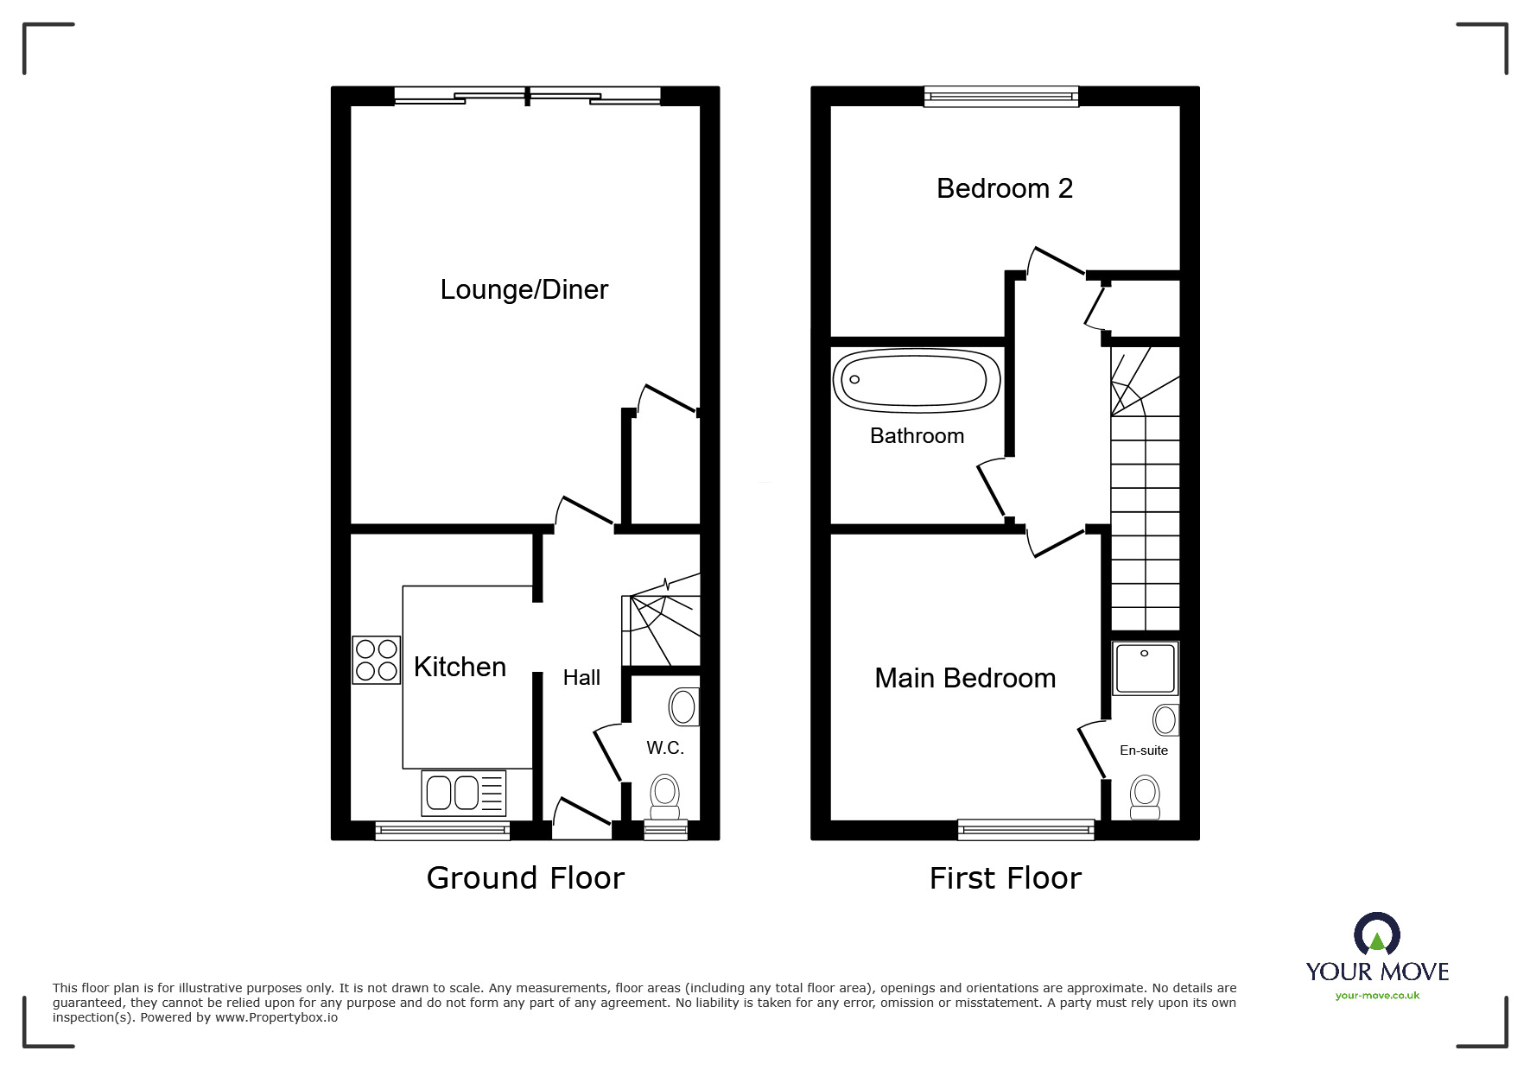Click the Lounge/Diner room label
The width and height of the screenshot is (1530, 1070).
pyautogui.click(x=524, y=289)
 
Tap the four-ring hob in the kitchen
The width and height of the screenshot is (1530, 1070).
pyautogui.click(x=376, y=660)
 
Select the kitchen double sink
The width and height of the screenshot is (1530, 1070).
pyautogui.click(x=463, y=793)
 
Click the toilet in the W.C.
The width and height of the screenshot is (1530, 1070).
pyautogui.click(x=664, y=795)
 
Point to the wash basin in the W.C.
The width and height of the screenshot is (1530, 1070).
pyautogui.click(x=683, y=706)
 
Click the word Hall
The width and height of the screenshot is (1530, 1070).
pyautogui.click(x=581, y=678)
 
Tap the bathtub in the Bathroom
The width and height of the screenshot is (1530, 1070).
pyautogui.click(x=917, y=379)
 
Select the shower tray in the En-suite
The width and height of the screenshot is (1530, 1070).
pyautogui.click(x=1145, y=668)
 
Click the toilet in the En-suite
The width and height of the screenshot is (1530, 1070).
pyautogui.click(x=1145, y=795)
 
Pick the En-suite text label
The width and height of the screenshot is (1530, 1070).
pyautogui.click(x=1143, y=750)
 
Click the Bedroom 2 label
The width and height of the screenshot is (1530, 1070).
pyautogui.click(x=1004, y=188)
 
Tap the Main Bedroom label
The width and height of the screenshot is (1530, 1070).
pyautogui.click(x=965, y=678)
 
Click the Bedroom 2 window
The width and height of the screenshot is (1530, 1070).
pyautogui.click(x=1001, y=96)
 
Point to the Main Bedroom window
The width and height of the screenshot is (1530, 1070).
pyautogui.click(x=1025, y=830)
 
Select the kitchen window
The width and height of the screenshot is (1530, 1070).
pyautogui.click(x=442, y=830)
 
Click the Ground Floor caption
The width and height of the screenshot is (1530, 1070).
pyautogui.click(x=525, y=878)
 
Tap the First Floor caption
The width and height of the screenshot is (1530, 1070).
pyautogui.click(x=1005, y=878)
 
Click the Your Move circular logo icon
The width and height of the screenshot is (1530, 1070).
pyautogui.click(x=1376, y=935)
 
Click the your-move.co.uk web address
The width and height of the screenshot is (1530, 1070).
pyautogui.click(x=1377, y=996)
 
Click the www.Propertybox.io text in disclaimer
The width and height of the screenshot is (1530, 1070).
pyautogui.click(x=276, y=1017)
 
